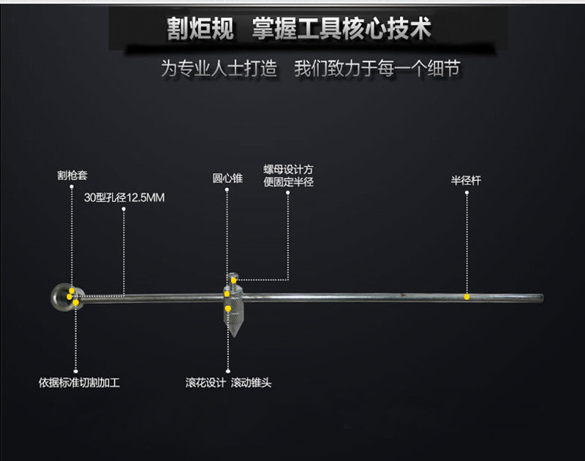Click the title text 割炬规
[200, 28]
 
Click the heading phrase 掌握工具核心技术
[341, 28]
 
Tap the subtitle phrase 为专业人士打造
[219, 69]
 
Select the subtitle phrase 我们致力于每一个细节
[377, 69]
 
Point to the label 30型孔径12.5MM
[125, 197]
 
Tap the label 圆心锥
[227, 178]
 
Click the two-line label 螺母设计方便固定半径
[288, 175]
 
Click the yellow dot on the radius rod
[467, 297]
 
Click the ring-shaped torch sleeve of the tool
[63, 296]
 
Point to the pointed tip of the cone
[233, 335]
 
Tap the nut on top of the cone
[233, 278]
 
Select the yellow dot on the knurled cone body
[228, 308]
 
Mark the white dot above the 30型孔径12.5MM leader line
[124, 209]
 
